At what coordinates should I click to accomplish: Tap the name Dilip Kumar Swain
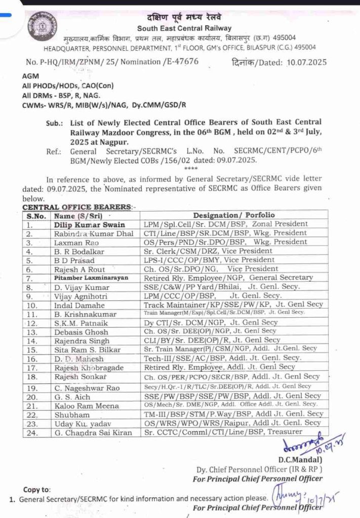(x=90, y=224)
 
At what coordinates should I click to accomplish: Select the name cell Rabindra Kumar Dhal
(x=94, y=233)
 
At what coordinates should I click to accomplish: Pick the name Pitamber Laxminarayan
(x=91, y=278)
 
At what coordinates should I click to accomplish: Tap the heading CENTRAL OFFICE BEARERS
(x=76, y=207)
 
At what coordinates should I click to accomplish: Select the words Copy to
(x=37, y=489)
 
